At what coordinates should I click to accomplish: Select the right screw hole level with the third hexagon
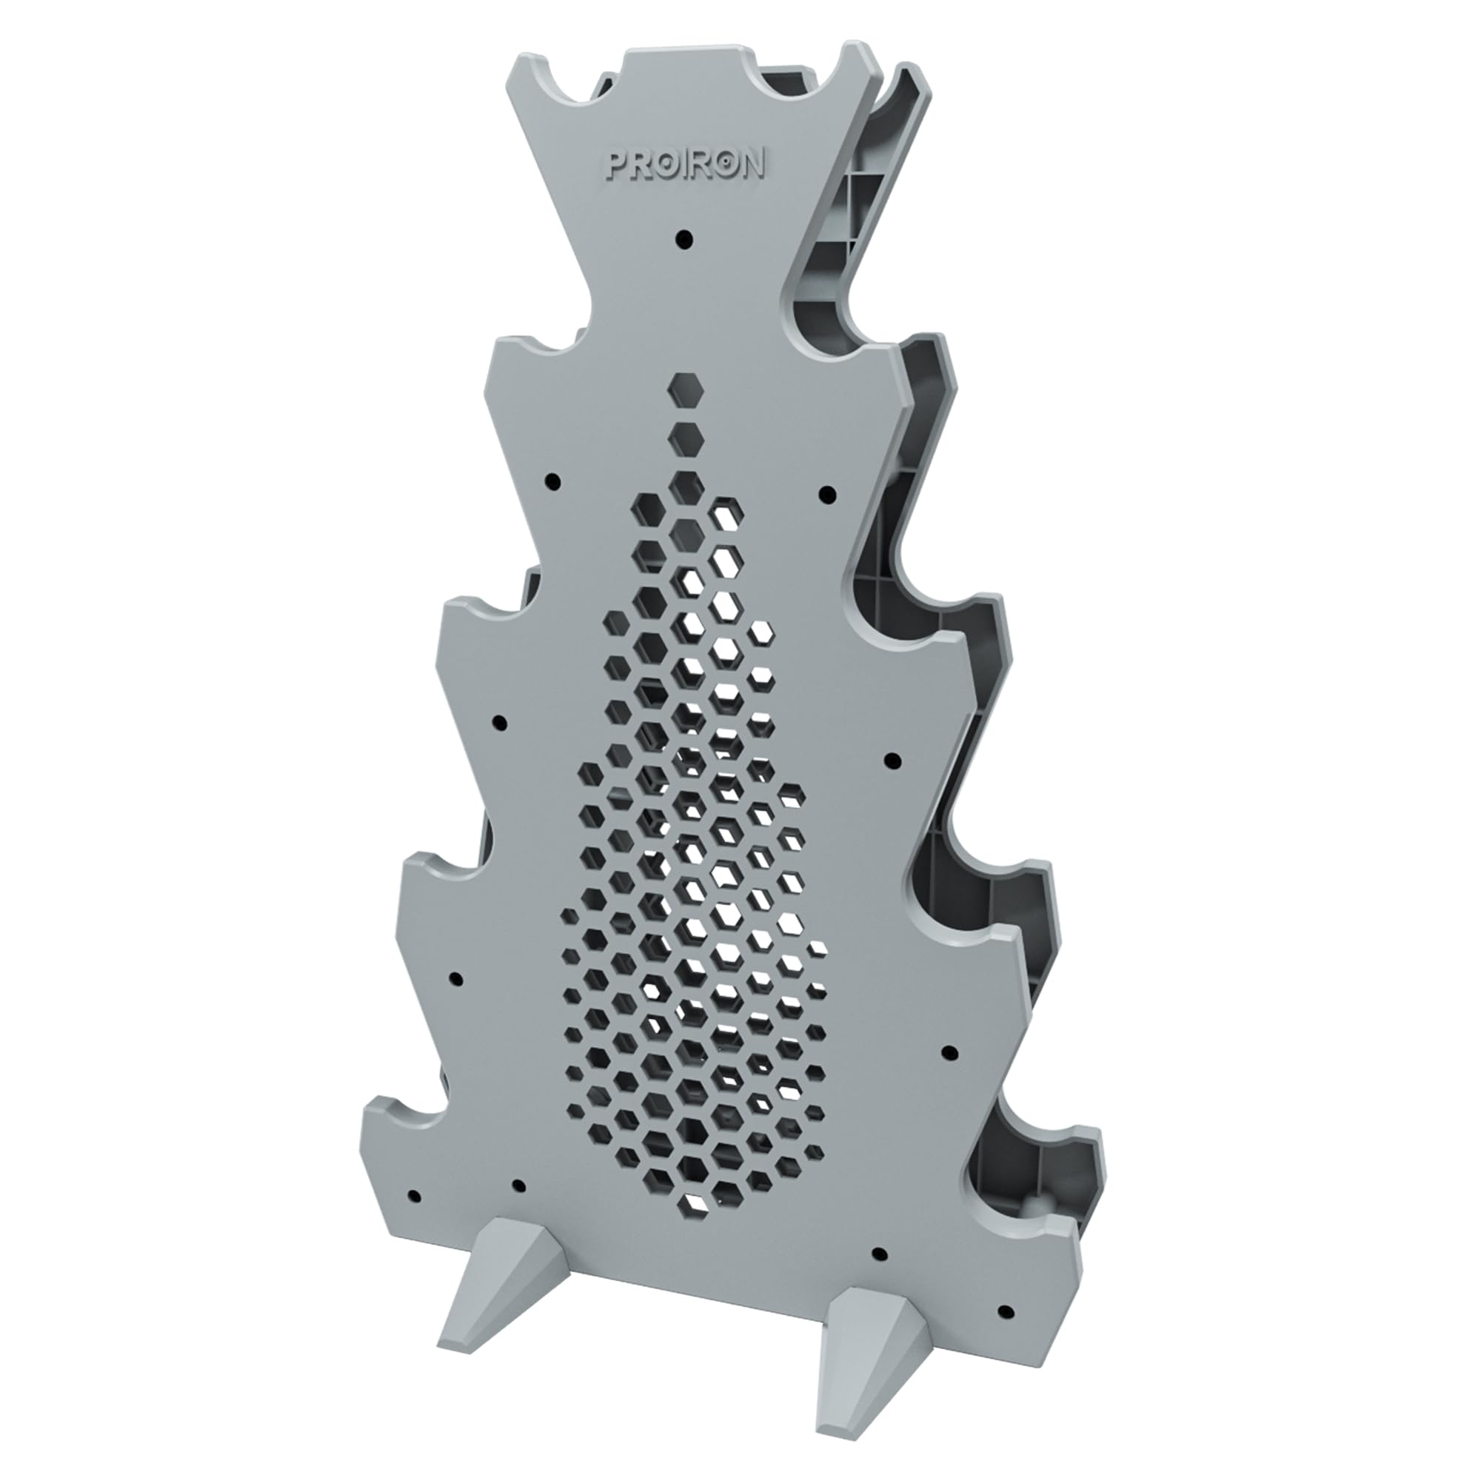(x=826, y=492)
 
